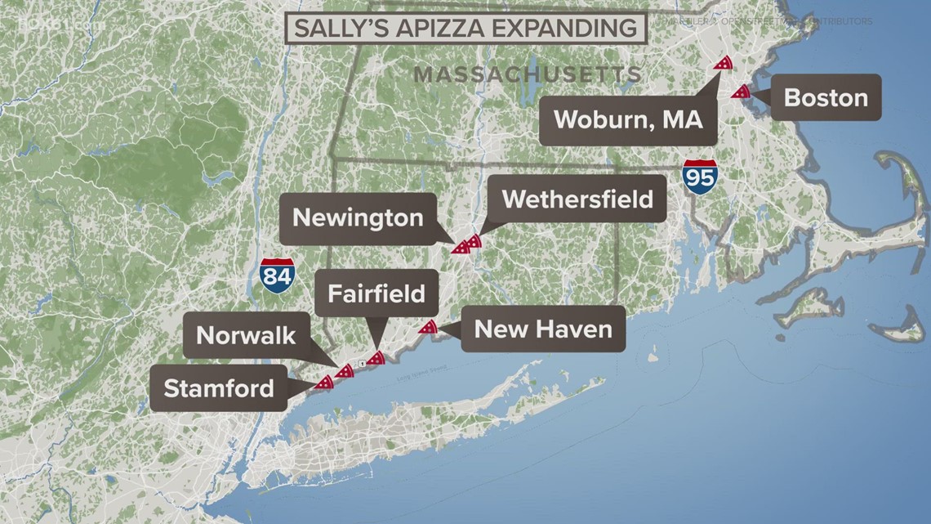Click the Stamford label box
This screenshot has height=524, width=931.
pyautogui.click(x=219, y=387)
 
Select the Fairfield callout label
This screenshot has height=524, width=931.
pyautogui.click(x=376, y=293)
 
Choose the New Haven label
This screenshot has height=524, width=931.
pyautogui.click(x=543, y=329)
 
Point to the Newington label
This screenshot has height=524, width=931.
pyautogui.click(x=358, y=218)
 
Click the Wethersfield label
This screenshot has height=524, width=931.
pyautogui.click(x=577, y=199)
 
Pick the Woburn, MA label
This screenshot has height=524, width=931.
pyautogui.click(x=628, y=119)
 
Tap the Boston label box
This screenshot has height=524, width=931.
pyautogui.click(x=826, y=98)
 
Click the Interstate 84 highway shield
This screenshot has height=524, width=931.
pyautogui.click(x=277, y=273)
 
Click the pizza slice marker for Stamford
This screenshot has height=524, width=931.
pyautogui.click(x=324, y=382)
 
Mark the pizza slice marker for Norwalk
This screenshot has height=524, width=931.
pyautogui.click(x=344, y=371)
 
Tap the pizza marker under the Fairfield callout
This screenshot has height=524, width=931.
pyautogui.click(x=375, y=357)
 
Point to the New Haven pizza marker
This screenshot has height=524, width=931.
pyautogui.click(x=427, y=327)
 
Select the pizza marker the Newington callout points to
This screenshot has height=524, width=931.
pyautogui.click(x=461, y=246)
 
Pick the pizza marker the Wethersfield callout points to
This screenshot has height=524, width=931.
pyautogui.click(x=473, y=241)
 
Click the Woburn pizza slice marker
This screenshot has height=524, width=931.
pyautogui.click(x=723, y=62)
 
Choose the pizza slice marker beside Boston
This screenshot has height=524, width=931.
pyautogui.click(x=742, y=92)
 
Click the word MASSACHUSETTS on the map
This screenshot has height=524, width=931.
pyautogui.click(x=528, y=74)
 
